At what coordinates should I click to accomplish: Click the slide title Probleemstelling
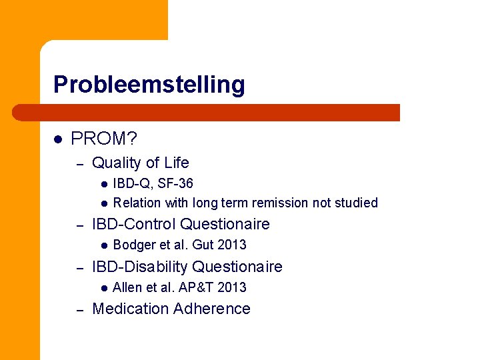pos(149,85)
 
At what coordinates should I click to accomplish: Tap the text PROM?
pos(103,139)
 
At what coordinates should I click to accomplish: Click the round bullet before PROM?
pos(58,139)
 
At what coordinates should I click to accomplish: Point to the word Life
pos(175,163)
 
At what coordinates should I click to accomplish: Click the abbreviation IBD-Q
pos(131,183)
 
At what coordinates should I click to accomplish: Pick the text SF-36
pos(175,183)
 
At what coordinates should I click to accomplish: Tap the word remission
pos(277,203)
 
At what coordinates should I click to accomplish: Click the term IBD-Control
pos(134,224)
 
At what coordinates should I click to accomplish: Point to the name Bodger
pos(133,245)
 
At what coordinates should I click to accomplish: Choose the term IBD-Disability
pos(140,267)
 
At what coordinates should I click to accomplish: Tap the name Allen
pos(127,287)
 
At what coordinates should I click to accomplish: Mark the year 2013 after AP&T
pos(232,287)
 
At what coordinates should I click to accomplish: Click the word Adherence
pos(211,309)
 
